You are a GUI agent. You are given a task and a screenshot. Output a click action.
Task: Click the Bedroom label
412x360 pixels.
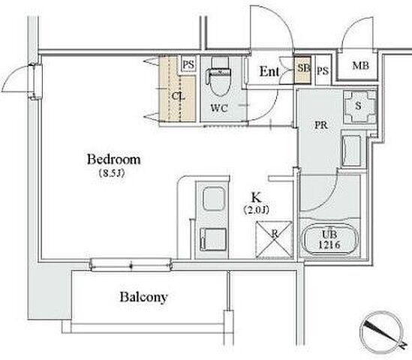tap(114, 160)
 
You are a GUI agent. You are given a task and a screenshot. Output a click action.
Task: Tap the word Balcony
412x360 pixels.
tap(144, 297)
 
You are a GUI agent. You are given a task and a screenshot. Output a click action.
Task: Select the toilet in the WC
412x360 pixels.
tap(220, 82)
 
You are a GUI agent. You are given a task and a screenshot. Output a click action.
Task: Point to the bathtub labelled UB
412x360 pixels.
tap(329, 239)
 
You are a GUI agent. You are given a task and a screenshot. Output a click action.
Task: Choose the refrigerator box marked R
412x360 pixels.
tap(275, 239)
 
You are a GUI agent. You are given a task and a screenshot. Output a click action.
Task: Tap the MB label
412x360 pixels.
tap(360, 66)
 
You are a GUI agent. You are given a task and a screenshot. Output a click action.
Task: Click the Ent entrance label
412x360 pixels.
tap(269, 71)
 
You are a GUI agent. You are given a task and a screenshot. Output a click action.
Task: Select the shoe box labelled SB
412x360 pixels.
tap(302, 70)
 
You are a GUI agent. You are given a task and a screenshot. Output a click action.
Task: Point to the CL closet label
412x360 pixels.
tap(179, 96)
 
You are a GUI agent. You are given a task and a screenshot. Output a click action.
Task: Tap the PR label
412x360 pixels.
tap(321, 125)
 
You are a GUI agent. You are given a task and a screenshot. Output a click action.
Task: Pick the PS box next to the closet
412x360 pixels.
tap(188, 64)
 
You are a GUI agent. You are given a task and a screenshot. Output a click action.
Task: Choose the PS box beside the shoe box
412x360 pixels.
tap(323, 70)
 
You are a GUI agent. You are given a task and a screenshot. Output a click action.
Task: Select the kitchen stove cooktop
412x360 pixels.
tap(213, 239)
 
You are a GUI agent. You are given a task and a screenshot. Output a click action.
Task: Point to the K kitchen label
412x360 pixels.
tap(257, 197)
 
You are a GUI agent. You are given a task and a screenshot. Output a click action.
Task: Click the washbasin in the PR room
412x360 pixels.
tap(351, 151)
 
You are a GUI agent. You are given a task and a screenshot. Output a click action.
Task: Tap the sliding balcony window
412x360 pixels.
tap(131, 265)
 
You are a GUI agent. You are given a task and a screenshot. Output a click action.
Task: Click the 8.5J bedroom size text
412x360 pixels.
tap(112, 173)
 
